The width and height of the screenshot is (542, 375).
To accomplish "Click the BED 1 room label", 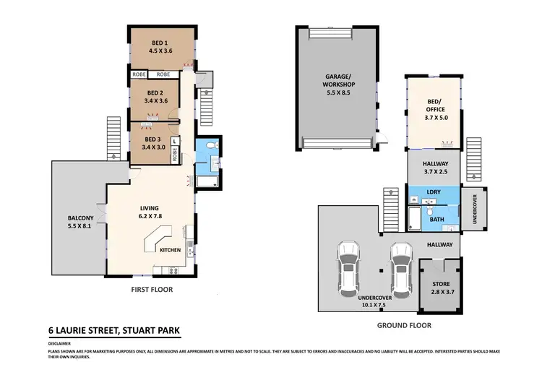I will tap(162, 47).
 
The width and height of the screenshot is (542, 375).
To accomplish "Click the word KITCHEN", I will tap(171, 250).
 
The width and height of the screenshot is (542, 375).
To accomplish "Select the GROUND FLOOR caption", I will tap(404, 325).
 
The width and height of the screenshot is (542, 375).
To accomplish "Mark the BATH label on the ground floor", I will tap(436, 218).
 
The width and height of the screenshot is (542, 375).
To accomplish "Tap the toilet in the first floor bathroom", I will tap(210, 147).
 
